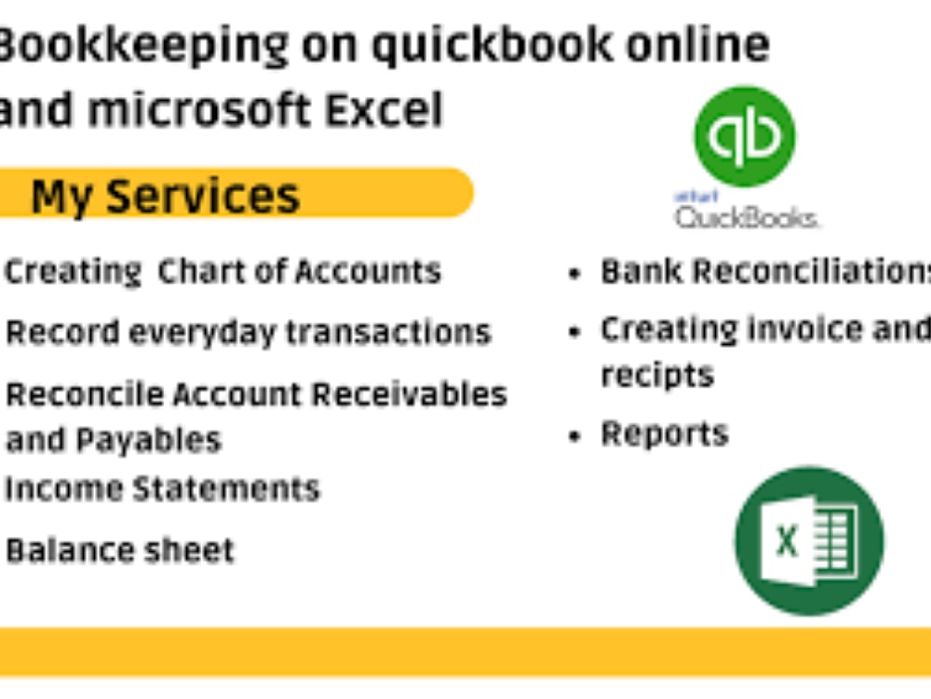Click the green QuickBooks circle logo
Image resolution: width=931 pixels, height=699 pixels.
[745, 136]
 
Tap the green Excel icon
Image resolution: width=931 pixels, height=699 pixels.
[809, 541]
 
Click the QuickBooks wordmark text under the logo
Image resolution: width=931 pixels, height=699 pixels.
[747, 218]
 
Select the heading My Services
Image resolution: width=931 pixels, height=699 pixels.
[166, 197]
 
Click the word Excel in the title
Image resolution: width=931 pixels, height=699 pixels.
[384, 110]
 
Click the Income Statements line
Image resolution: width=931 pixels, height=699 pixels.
[162, 488]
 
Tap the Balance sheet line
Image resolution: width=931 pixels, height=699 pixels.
[120, 550]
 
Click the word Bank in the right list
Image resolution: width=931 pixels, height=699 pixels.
[642, 271]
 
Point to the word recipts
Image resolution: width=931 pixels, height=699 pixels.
[657, 375]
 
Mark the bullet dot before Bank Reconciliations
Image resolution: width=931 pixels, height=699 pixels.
[577, 274]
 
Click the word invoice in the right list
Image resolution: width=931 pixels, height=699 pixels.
[792, 329]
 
